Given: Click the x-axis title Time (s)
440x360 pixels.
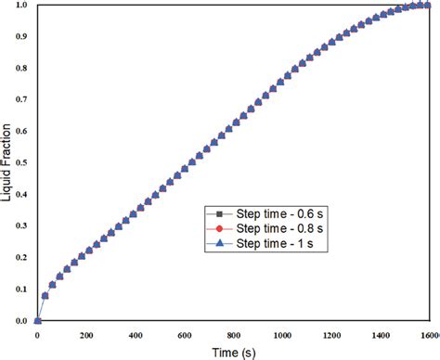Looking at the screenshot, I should click(x=228, y=352).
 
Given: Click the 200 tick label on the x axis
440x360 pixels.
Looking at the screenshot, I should click(x=86, y=334).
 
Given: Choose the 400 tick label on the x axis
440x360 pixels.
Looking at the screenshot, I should click(x=136, y=334).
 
